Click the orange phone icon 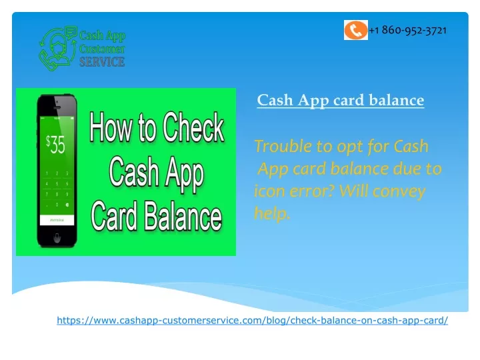(356, 30)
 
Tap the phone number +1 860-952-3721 (408, 30)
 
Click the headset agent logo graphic (58, 48)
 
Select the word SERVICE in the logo (102, 62)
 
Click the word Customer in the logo (102, 49)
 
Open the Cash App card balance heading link (341, 100)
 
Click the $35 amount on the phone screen (55, 145)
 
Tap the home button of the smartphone (57, 237)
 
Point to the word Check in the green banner (193, 127)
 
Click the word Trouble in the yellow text (283, 146)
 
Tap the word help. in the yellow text (272, 213)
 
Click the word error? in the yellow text (311, 191)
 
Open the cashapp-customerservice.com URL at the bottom (252, 320)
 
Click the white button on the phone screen (57, 220)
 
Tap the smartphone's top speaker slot (57, 108)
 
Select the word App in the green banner (185, 173)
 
